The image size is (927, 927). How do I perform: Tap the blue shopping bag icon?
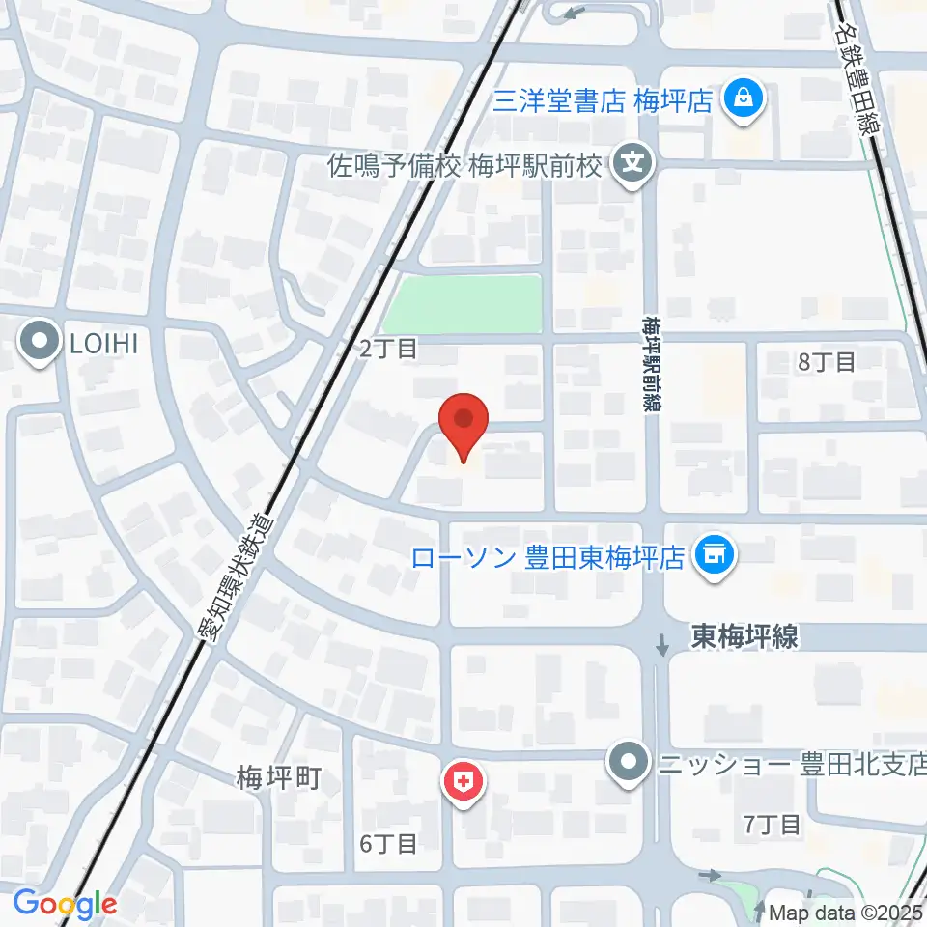pos(744,98)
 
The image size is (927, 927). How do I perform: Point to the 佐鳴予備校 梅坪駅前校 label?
pos(465,165)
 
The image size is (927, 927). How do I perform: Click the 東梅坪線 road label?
pos(744,636)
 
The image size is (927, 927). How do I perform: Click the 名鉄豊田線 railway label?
pos(859,70)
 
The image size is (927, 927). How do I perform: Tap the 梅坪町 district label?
pos(278,777)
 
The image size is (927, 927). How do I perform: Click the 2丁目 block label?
pos(388,349)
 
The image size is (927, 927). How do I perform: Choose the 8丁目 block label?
pos(828,363)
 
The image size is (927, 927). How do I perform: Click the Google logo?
pos(65,904)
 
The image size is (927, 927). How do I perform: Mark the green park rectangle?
pos(463,303)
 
